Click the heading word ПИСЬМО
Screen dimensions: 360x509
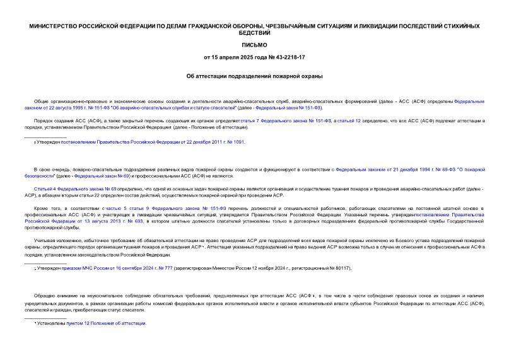pos(254,45)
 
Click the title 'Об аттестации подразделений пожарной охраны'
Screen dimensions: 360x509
pos(254,76)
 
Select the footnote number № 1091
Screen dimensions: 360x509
pos(235,142)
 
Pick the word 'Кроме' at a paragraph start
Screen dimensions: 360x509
pos(41,207)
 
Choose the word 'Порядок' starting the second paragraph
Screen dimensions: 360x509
pos(44,119)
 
